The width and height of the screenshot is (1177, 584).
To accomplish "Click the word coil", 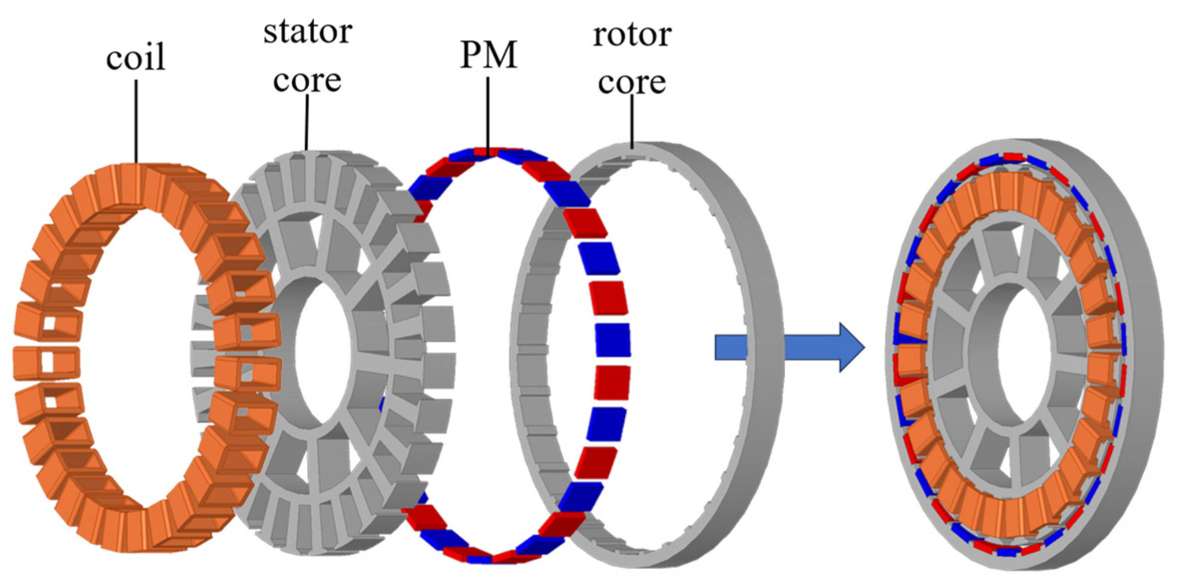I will pyautogui.click(x=135, y=57).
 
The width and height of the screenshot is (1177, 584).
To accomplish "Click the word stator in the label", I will pyautogui.click(x=308, y=32).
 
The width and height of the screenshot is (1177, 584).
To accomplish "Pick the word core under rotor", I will pyautogui.click(x=632, y=82).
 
